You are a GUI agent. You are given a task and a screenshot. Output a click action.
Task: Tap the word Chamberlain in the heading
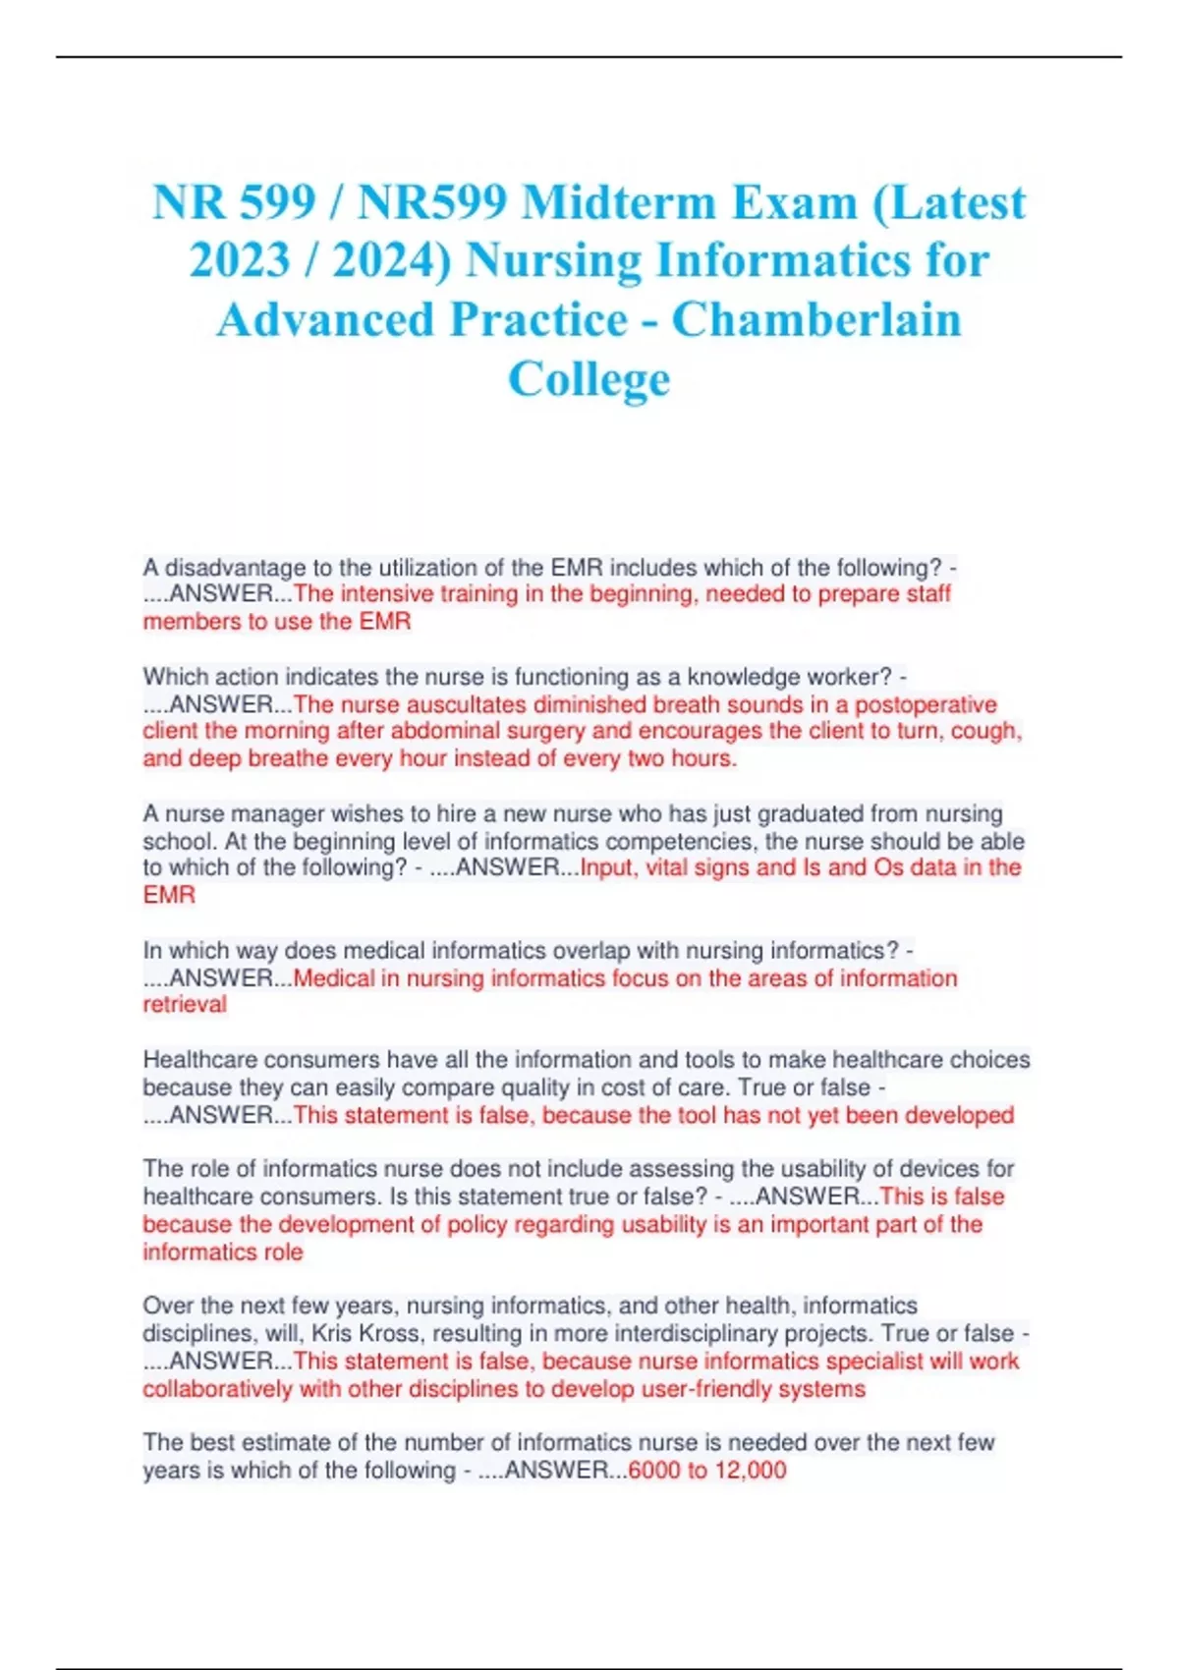[816, 320]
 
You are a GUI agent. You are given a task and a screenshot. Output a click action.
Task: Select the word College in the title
[589, 379]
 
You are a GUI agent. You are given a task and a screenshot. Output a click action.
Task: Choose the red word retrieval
[185, 1005]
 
